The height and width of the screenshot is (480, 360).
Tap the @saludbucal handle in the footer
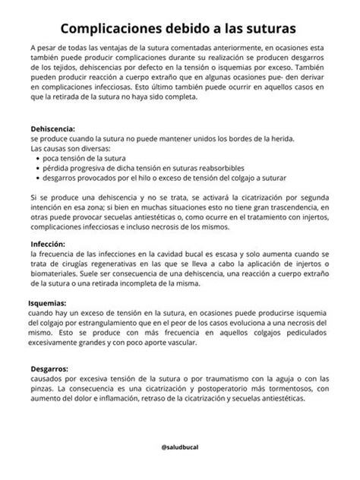pos(180,449)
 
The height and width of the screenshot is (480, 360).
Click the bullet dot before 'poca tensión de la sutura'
pos(36,159)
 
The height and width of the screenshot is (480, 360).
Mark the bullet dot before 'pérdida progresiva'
pos(36,168)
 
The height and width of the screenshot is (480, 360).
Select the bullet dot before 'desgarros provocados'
pos(36,178)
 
